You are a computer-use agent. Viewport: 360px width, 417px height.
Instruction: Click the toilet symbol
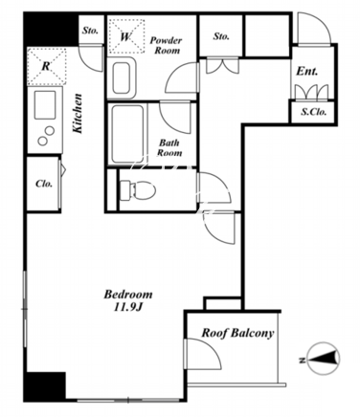137,190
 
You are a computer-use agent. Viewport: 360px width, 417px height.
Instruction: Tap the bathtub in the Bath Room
127,134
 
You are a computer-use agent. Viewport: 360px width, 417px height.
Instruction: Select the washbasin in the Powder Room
122,78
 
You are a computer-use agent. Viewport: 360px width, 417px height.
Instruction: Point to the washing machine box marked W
126,35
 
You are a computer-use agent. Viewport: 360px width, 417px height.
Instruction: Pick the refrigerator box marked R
47,67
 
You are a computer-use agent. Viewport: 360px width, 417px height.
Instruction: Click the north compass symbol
324,360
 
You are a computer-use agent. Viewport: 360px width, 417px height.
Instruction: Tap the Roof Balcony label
237,333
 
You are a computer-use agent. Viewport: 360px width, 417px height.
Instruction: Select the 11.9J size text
127,307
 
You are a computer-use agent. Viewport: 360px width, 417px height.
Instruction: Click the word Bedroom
128,294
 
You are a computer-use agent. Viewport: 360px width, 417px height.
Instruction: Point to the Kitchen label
78,113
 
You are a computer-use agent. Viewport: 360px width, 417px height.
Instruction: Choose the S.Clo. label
314,112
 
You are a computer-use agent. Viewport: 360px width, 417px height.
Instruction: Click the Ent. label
307,71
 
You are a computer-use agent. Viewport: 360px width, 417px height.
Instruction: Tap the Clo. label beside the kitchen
44,184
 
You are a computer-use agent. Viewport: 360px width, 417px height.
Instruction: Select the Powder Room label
166,45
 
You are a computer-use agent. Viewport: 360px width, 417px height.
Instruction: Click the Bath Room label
169,147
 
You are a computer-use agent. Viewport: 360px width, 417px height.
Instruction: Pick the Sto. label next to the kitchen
90,31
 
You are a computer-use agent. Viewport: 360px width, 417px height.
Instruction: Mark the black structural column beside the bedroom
45,386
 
